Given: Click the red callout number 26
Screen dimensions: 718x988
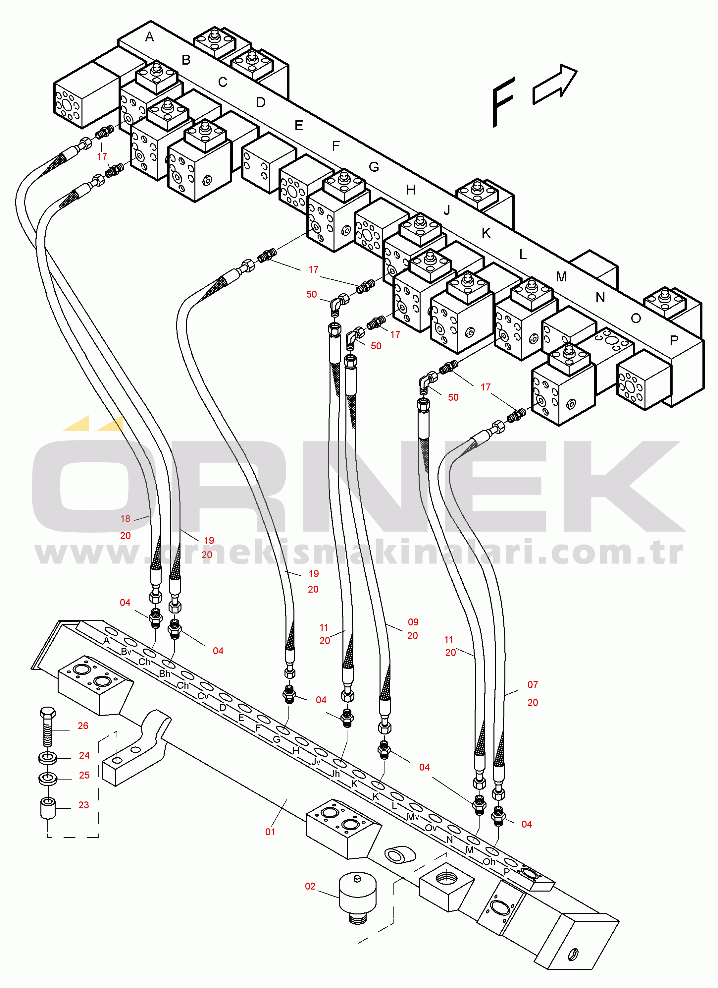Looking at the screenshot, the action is pyautogui.click(x=83, y=726).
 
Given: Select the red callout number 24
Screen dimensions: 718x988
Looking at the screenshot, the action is pyautogui.click(x=84, y=755).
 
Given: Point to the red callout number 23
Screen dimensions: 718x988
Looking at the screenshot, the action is pyautogui.click(x=83, y=805).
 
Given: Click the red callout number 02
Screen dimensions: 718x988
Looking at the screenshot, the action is pyautogui.click(x=310, y=886).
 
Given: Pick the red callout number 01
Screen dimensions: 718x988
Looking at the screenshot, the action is pyautogui.click(x=270, y=832).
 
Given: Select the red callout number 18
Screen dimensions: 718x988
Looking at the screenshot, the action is pyautogui.click(x=126, y=518).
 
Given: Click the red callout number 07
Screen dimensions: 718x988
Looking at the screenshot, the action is pyautogui.click(x=533, y=684).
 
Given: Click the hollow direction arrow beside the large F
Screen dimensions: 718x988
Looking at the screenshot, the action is pyautogui.click(x=555, y=85).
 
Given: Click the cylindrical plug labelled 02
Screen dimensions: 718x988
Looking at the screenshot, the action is pyautogui.click(x=357, y=897).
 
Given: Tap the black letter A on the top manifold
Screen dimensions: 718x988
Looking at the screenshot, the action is pyautogui.click(x=150, y=37).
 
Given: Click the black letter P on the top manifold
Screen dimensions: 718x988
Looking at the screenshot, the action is pyautogui.click(x=674, y=340).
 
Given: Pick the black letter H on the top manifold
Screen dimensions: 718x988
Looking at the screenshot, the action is pyautogui.click(x=411, y=190).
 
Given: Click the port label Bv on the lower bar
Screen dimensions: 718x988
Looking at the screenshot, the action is pyautogui.click(x=126, y=652).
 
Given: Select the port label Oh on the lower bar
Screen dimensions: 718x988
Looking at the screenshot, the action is pyautogui.click(x=489, y=862).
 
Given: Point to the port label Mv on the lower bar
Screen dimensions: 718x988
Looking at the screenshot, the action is pyautogui.click(x=413, y=816).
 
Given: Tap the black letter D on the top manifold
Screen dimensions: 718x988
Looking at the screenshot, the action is pyautogui.click(x=261, y=102).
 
